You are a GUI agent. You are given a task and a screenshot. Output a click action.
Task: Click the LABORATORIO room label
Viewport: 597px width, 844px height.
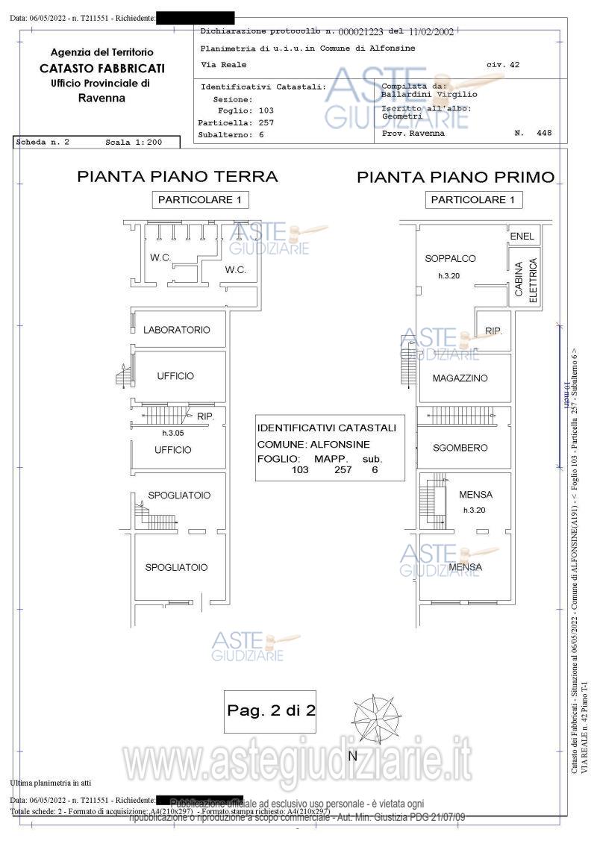(x=176, y=330)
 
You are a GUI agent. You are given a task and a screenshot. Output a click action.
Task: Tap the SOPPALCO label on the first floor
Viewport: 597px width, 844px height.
(x=450, y=259)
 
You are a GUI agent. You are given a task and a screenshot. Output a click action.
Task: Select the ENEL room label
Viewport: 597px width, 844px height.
(x=522, y=237)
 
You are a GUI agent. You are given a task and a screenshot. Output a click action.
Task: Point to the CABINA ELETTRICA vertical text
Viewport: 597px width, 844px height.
(x=526, y=280)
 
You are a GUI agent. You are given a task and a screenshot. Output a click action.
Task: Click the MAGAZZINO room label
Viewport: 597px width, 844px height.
(x=460, y=378)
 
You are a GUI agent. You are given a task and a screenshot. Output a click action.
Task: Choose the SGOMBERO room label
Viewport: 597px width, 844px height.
(x=460, y=448)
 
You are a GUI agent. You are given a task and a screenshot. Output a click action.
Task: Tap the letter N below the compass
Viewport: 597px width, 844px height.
(x=354, y=756)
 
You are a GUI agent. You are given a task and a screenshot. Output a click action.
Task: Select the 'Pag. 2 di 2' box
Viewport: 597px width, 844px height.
(x=272, y=710)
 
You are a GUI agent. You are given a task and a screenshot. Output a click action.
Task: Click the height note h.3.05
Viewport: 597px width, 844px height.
(x=173, y=433)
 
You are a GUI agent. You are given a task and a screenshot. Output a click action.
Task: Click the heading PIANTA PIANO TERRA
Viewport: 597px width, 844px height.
(x=178, y=177)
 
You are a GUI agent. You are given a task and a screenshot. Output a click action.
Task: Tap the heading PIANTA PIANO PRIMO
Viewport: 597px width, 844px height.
(x=455, y=178)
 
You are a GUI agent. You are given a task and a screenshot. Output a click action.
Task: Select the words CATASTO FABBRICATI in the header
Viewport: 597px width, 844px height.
(x=102, y=68)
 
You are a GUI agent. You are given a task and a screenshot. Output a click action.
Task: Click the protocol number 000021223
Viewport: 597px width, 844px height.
(x=360, y=31)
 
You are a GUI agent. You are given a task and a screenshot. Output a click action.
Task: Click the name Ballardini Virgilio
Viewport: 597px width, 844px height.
(x=429, y=95)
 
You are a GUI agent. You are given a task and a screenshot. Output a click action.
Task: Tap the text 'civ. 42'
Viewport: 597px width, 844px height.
(x=503, y=65)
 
